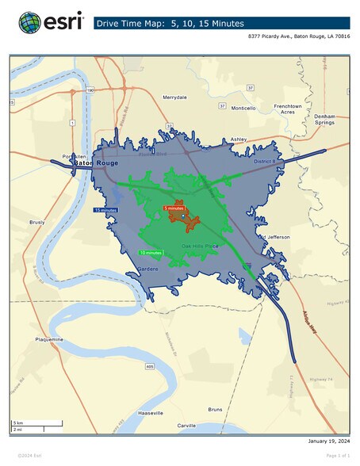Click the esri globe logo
tap(30, 22)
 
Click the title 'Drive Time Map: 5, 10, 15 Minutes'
tap(170, 24)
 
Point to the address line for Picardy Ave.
tap(299, 37)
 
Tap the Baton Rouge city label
tap(96, 162)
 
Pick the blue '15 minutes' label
tap(105, 210)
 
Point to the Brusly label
tap(36, 223)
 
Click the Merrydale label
tap(174, 97)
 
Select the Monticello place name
tap(244, 107)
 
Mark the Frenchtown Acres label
tap(288, 109)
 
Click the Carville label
tap(186, 426)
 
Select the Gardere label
tap(148, 269)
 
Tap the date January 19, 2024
tap(327, 441)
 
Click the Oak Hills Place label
tap(200, 246)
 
